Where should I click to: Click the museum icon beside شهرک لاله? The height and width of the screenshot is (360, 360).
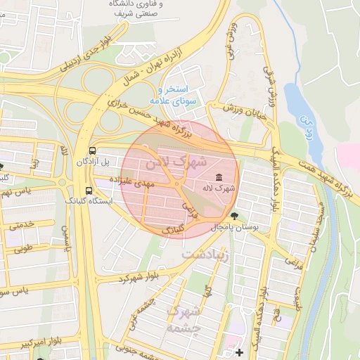219,176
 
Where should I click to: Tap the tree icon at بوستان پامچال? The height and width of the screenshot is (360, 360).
234,215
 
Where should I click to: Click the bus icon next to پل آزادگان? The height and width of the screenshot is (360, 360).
93,151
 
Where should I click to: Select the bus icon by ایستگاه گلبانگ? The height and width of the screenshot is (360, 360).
89,190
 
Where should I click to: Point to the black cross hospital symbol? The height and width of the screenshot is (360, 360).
239,352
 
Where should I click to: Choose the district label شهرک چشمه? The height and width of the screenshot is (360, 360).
184,318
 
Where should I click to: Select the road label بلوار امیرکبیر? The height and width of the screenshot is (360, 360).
25,345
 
